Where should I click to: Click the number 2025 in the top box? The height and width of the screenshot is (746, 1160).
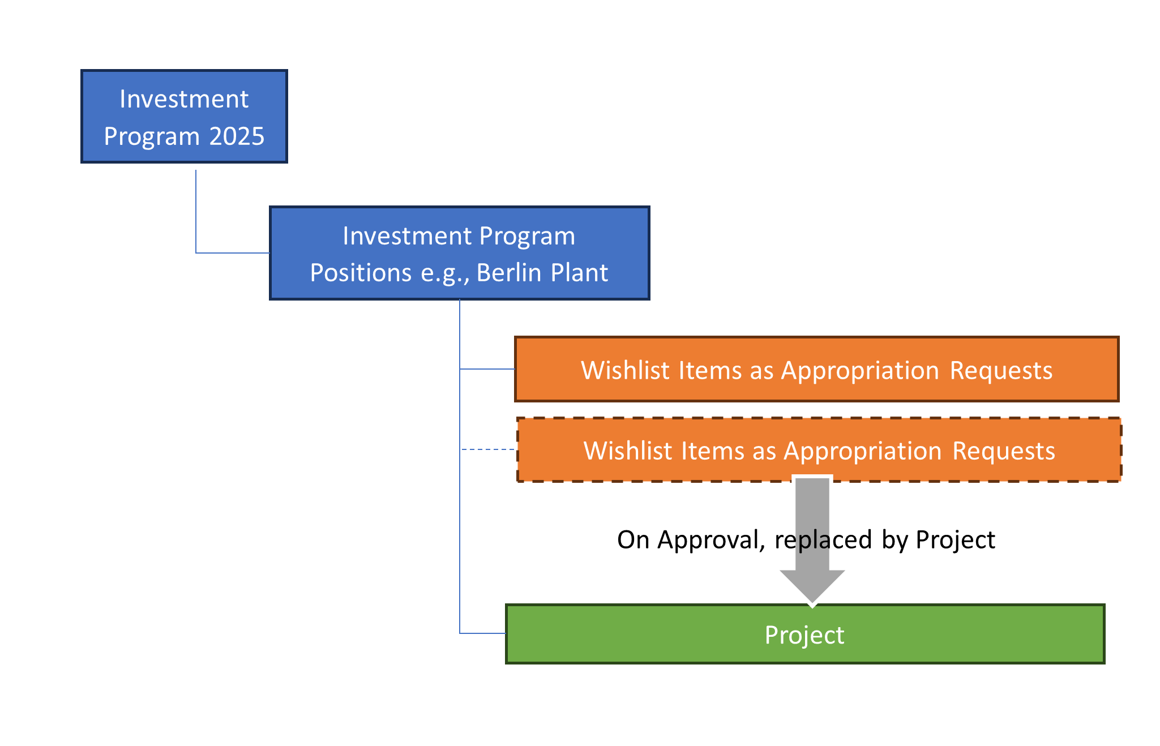coord(237,136)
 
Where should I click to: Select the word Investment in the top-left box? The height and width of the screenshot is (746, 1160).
coord(184,99)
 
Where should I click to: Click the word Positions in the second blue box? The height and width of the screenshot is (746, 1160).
coord(361,273)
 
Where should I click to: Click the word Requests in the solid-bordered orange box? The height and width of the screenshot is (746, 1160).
coord(1001,370)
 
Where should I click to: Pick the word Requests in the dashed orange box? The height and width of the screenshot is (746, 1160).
coord(1004,451)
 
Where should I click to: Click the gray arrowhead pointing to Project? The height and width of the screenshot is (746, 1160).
coord(812,586)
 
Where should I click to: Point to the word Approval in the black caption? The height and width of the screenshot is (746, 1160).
coord(710,540)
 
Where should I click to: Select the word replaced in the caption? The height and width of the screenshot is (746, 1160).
coord(823,540)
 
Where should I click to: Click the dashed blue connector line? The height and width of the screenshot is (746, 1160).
coord(488,449)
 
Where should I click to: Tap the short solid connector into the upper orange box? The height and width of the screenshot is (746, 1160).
coord(487,369)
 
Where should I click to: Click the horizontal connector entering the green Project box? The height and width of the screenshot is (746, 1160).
coord(482,633)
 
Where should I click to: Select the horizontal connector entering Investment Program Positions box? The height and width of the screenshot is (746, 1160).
coord(233,253)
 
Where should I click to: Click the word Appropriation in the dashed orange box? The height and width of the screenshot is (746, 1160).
coord(863,451)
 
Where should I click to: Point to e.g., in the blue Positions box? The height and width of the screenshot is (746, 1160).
coord(445,273)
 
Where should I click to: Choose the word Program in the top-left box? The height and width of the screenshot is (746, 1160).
coord(151,136)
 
